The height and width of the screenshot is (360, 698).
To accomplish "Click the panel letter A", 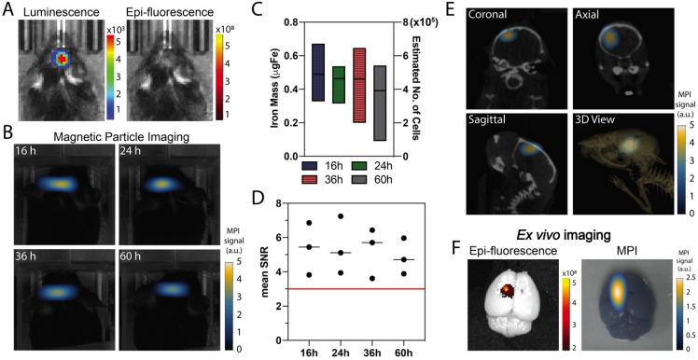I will [7, 8].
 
